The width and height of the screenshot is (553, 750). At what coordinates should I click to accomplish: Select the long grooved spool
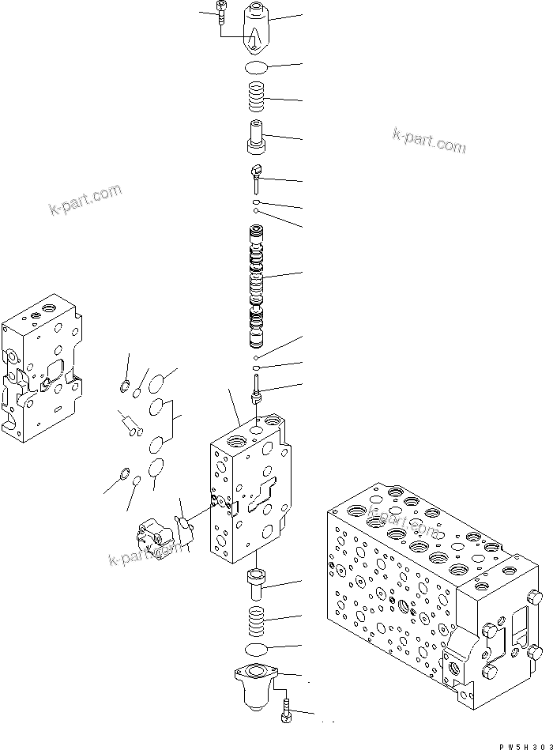pyautogui.click(x=257, y=286)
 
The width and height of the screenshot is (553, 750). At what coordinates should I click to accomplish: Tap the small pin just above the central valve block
pyautogui.click(x=258, y=388)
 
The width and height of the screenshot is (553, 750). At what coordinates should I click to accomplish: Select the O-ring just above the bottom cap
pyautogui.click(x=258, y=649)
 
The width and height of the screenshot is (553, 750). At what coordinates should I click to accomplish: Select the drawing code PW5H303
pyautogui.click(x=521, y=744)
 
